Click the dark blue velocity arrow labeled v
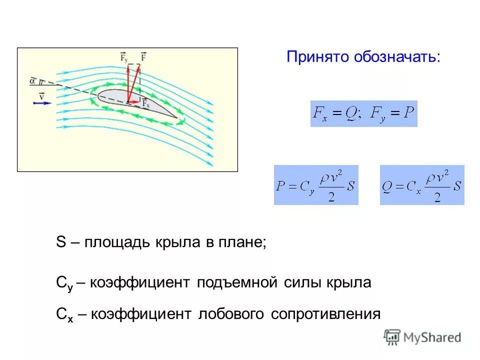[43, 102]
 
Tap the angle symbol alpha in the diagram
[32, 79]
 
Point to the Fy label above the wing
[124, 57]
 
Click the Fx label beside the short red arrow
[146, 103]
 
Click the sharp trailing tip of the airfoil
[177, 118]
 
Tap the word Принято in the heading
[318, 56]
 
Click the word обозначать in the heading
[397, 56]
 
